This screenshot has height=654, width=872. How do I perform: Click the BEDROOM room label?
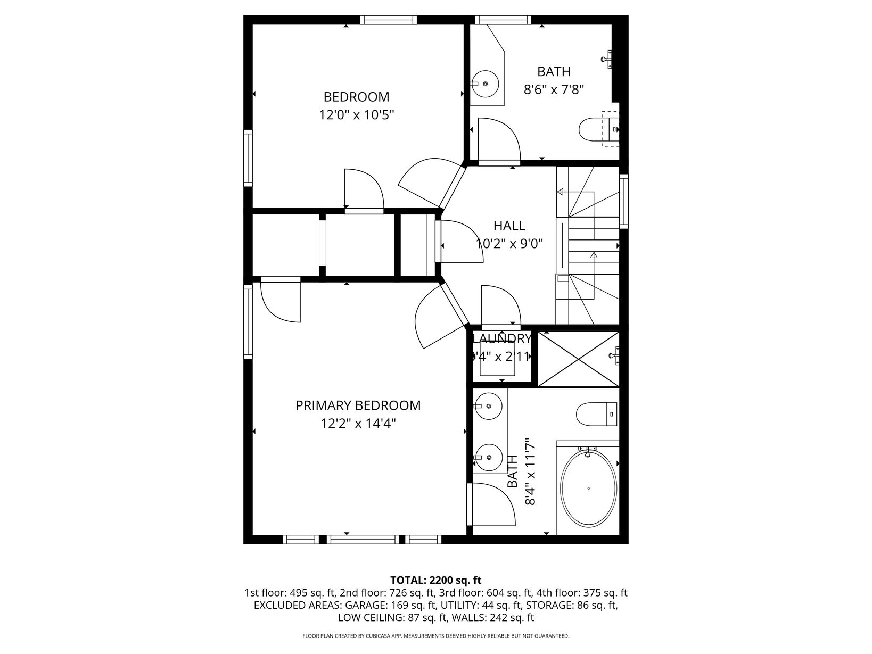coord(356,97)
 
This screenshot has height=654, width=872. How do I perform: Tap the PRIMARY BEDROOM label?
coord(358,405)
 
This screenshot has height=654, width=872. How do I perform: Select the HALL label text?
coord(509,226)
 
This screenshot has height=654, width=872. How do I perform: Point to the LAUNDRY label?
coord(502,339)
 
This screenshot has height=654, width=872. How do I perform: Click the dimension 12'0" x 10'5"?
coord(356,115)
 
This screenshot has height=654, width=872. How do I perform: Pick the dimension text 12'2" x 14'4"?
coord(358,424)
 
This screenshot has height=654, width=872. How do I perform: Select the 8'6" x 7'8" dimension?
coord(554,90)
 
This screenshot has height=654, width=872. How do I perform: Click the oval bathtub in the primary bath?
coord(588,488)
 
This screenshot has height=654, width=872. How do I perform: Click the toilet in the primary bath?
coord(596,414)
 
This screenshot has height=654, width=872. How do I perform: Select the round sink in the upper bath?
coord(485,84)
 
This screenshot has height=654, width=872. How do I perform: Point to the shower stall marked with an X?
coord(579,359)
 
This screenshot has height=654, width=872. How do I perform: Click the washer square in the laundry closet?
coord(497,362)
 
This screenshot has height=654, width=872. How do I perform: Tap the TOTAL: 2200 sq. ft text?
coord(436,580)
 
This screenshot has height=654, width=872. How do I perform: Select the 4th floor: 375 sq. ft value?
coord(581,593)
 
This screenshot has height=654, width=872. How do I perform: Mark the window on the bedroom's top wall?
coord(389,20)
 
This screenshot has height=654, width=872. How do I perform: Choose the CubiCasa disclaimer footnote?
coord(436,636)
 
